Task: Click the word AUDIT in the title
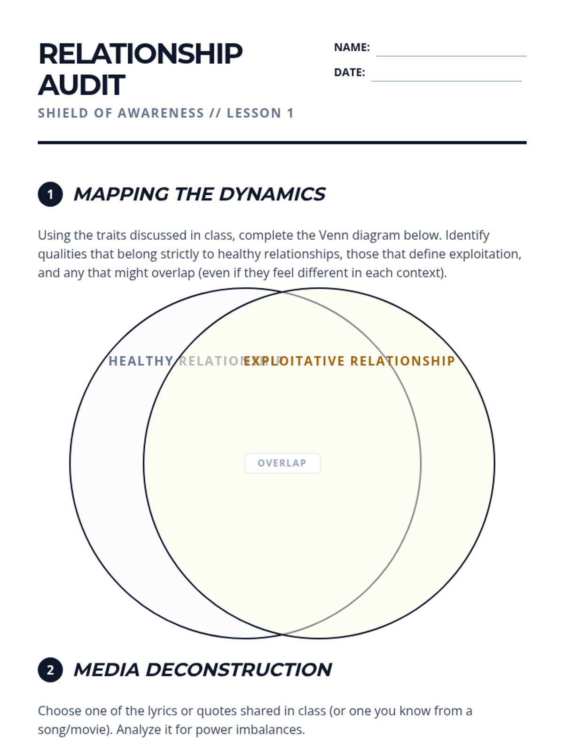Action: [81, 85]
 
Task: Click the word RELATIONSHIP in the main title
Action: [140, 54]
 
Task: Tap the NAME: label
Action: [352, 47]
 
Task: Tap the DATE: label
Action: [349, 72]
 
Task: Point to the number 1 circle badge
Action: [50, 194]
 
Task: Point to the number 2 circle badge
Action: [50, 670]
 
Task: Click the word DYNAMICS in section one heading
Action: [272, 194]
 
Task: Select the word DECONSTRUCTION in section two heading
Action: [239, 670]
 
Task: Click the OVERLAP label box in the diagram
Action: [282, 463]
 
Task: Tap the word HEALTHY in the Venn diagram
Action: [141, 361]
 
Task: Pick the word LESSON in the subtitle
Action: [254, 113]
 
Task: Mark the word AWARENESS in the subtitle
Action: [161, 113]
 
